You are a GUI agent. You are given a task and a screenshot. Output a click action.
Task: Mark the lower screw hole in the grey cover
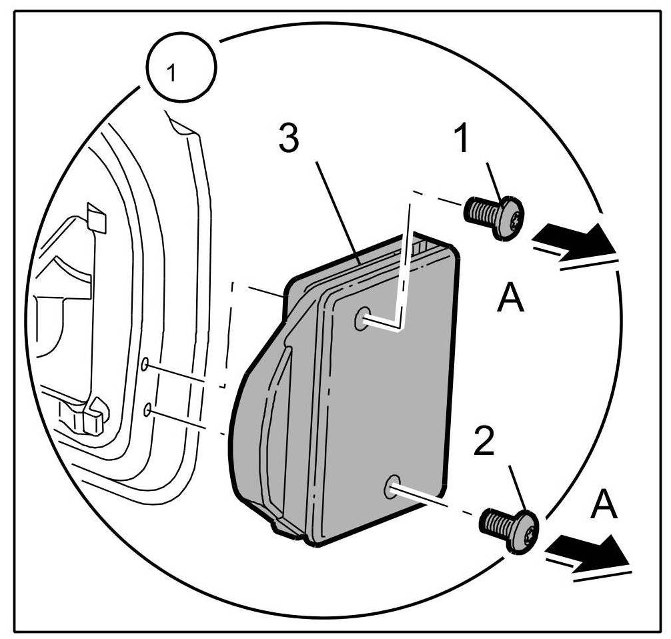tap(392, 488)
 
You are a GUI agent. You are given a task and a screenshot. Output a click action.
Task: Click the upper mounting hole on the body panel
tap(144, 364)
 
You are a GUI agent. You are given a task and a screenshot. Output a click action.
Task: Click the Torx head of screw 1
tap(512, 217)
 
